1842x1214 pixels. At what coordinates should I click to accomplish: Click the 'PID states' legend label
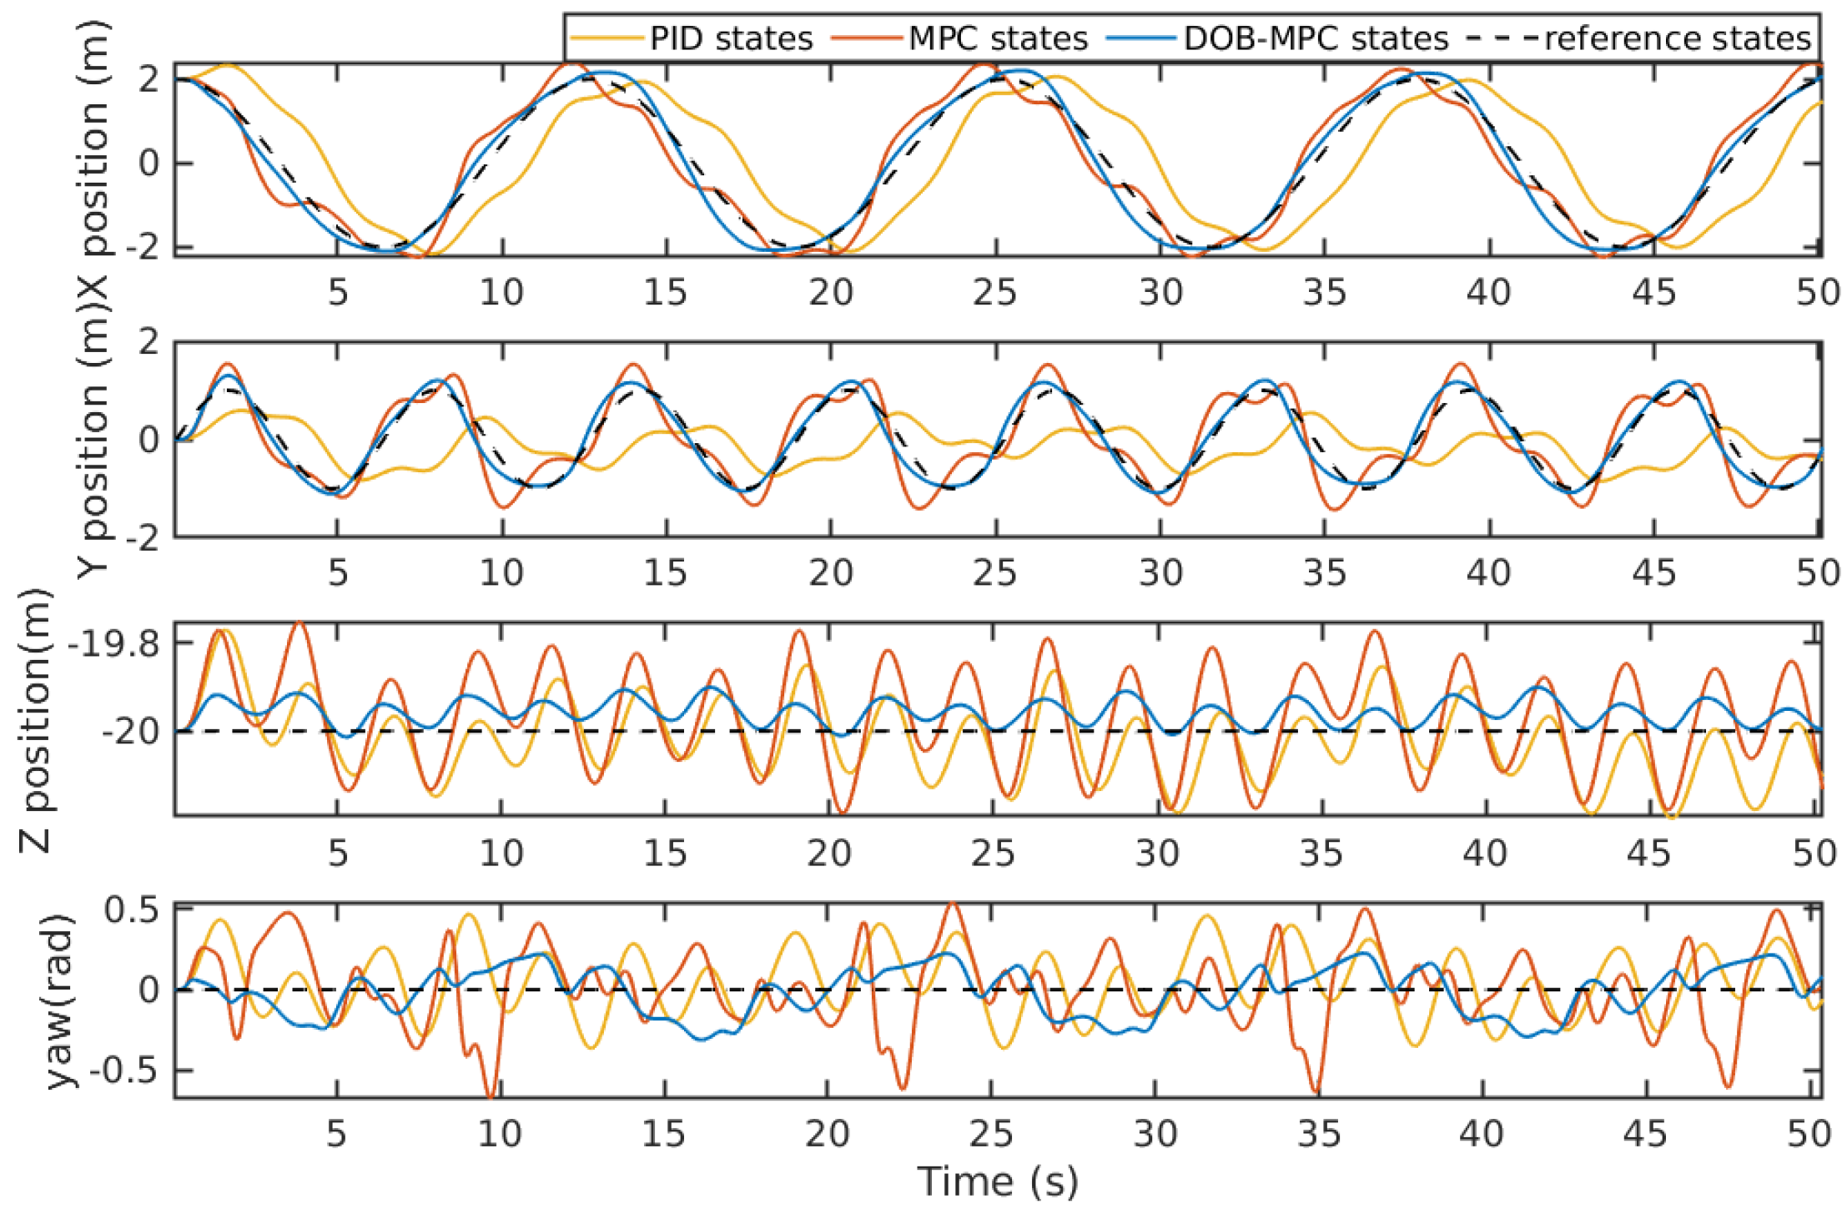pos(731,38)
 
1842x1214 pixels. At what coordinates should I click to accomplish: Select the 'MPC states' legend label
pos(998,38)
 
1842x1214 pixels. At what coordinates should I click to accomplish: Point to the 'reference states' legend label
pos(1678,38)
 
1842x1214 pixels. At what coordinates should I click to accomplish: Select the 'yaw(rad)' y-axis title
pos(60,1000)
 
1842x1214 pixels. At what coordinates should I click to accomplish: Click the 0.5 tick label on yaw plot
pos(132,910)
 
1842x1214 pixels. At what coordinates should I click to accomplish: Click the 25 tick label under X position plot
pos(994,292)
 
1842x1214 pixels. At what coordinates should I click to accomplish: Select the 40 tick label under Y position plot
pos(1488,572)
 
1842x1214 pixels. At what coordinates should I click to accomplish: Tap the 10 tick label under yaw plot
pos(501,1133)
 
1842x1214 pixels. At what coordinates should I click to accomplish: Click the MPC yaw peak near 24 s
pos(952,904)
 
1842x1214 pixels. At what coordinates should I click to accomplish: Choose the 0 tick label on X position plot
pos(149,163)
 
